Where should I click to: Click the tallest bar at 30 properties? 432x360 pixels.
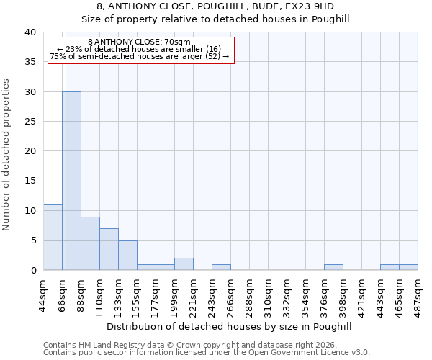click(71, 181)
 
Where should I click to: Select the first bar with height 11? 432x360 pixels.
click(53, 238)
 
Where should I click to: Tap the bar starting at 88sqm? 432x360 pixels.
click(90, 243)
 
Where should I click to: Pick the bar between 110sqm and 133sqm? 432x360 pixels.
click(109, 249)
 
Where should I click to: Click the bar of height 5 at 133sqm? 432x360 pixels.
click(127, 256)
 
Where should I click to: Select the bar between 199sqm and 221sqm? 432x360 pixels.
click(184, 264)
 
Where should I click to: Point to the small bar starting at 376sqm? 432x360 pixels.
click(333, 267)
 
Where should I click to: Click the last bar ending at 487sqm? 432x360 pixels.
click(408, 267)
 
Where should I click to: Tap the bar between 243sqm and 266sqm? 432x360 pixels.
click(221, 267)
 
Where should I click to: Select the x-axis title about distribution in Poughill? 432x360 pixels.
click(233, 326)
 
